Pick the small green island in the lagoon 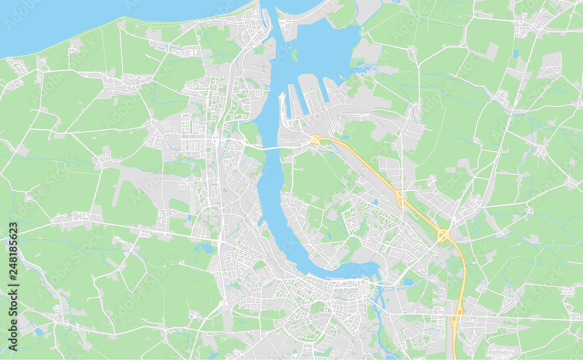295,55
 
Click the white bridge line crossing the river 269,148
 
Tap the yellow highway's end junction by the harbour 315,139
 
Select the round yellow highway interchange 443,235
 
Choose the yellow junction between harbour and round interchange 399,197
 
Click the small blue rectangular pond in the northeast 515,54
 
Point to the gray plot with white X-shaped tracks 549,66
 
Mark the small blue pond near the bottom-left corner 38,332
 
